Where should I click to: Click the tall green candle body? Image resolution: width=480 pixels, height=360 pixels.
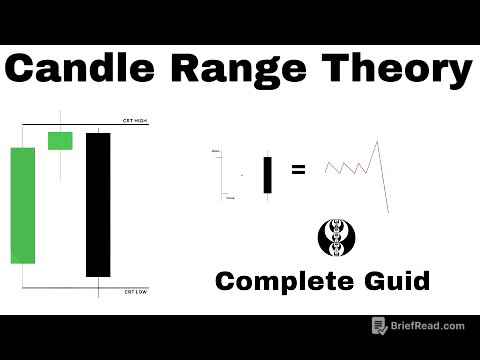[x=23, y=203]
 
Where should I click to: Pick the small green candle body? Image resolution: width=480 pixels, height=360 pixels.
[x=61, y=140]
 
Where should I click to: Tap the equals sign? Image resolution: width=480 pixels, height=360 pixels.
[x=297, y=170]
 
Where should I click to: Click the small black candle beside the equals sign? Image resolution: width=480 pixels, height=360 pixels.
[x=267, y=175]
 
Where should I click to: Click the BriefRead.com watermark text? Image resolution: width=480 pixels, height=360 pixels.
[x=430, y=326]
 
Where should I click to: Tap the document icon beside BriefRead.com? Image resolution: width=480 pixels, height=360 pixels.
[x=379, y=326]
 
